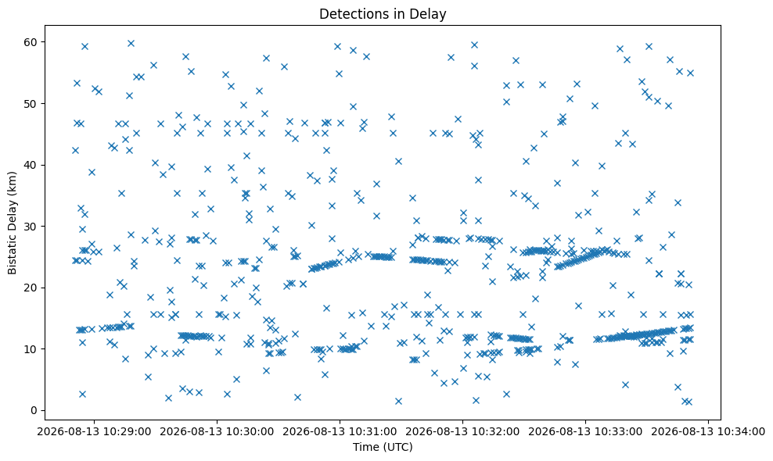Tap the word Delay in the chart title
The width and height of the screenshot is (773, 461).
pyautogui.click(x=432, y=14)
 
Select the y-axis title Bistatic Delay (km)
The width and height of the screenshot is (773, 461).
pyautogui.click(x=13, y=223)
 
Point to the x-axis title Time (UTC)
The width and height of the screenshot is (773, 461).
pyautogui.click(x=383, y=447)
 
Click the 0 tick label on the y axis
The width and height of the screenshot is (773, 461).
pyautogui.click(x=34, y=410)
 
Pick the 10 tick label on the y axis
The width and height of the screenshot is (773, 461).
pyautogui.click(x=31, y=349)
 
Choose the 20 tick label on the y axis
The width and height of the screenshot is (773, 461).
pyautogui.click(x=31, y=288)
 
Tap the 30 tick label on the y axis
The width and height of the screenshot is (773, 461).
pyautogui.click(x=31, y=227)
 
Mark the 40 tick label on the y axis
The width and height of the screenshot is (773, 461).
pyautogui.click(x=31, y=165)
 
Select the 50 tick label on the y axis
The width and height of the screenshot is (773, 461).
pyautogui.click(x=31, y=103)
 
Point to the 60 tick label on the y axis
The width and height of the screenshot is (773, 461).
pyautogui.click(x=31, y=42)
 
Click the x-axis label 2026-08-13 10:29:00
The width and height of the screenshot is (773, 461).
pyautogui.click(x=94, y=432)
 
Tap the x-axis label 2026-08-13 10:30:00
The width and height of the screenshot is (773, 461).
pyautogui.click(x=217, y=432)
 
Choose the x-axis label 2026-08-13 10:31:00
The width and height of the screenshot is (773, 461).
pyautogui.click(x=340, y=432)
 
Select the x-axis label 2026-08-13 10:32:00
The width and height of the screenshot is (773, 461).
pyautogui.click(x=462, y=432)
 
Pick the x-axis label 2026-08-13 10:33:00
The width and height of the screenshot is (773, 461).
pyautogui.click(x=586, y=432)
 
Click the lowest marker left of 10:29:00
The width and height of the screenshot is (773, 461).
pyautogui.click(x=82, y=394)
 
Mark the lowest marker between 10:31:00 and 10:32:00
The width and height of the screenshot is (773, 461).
pyautogui.click(x=398, y=402)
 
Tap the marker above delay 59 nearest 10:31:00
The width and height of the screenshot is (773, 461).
pyautogui.click(x=338, y=47)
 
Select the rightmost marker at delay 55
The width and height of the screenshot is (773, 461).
pyautogui.click(x=690, y=73)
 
